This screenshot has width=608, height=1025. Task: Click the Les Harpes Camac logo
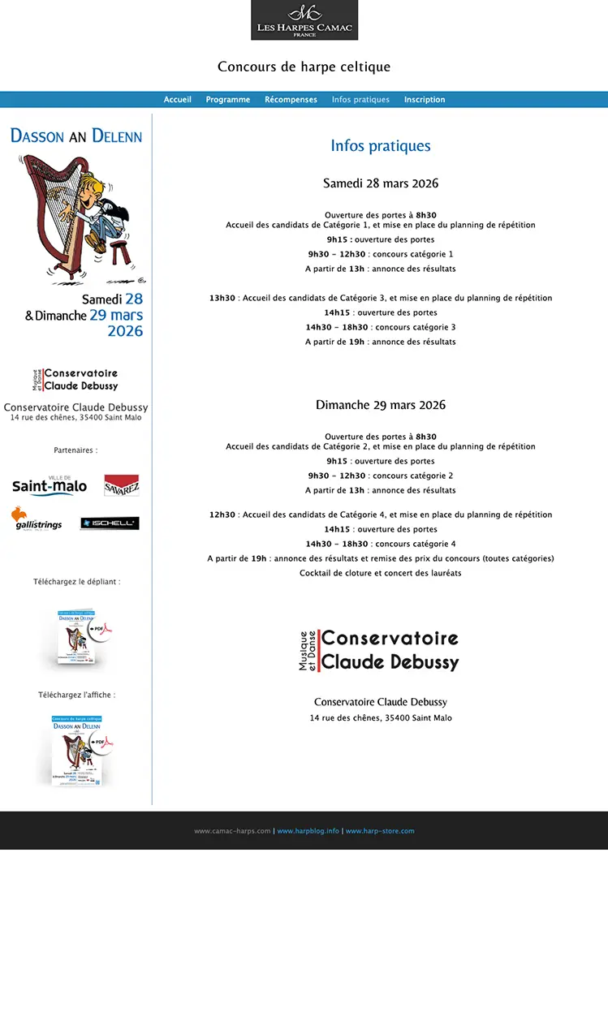[304, 20]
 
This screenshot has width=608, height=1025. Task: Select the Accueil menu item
[178, 100]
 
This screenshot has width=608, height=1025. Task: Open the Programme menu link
[228, 100]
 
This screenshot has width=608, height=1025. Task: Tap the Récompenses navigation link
[291, 100]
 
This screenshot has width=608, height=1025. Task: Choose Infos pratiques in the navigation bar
[360, 100]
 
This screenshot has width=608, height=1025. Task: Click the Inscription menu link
[425, 100]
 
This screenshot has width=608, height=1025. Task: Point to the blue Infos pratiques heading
[381, 146]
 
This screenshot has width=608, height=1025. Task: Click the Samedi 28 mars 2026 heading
[381, 183]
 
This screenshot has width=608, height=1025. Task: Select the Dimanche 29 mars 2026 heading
[381, 405]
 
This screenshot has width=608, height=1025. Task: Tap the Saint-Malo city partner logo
[49, 485]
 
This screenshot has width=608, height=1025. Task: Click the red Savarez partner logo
[122, 485]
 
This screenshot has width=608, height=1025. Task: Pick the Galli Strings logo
[37, 519]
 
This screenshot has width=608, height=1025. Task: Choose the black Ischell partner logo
[110, 523]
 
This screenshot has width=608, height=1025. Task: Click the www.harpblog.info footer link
[308, 831]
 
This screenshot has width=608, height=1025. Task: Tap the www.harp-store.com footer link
[380, 831]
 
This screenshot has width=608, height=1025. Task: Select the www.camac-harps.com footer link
[232, 831]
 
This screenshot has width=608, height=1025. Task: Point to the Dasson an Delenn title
[76, 136]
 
